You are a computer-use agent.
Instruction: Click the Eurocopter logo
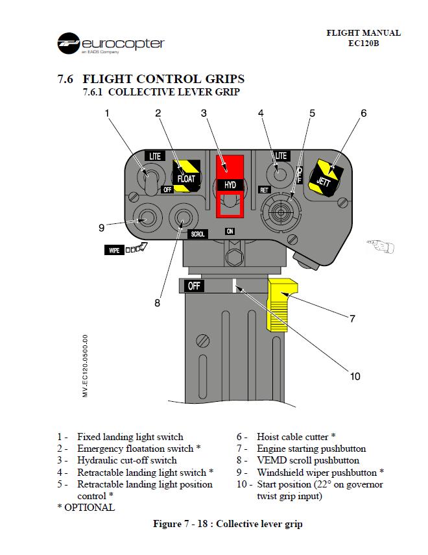click(x=110, y=43)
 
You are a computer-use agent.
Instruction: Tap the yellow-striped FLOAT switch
click(x=185, y=176)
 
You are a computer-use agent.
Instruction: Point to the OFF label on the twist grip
click(x=195, y=286)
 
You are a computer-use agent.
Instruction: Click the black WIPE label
click(x=115, y=250)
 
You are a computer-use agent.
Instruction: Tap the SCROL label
click(x=198, y=234)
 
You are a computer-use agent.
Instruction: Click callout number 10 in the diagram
click(x=355, y=376)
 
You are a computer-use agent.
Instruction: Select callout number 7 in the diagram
click(x=352, y=318)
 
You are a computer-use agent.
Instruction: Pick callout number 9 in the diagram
click(x=101, y=227)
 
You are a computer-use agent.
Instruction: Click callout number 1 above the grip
click(x=107, y=113)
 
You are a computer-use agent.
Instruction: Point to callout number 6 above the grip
click(x=363, y=113)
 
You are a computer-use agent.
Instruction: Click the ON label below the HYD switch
click(x=230, y=231)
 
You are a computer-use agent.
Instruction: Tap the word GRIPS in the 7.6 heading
click(x=220, y=79)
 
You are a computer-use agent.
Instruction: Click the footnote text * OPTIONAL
click(x=86, y=508)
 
